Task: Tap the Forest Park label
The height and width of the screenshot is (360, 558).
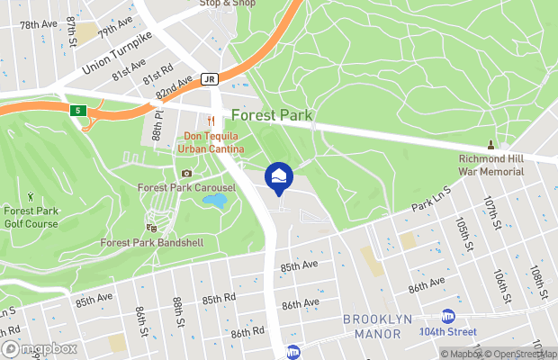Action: coord(271,115)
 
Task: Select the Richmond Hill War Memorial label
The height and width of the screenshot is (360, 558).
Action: coord(491,164)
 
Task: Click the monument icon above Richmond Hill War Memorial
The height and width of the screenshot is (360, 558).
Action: coord(491,145)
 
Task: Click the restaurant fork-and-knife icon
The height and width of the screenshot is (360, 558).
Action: coord(211,121)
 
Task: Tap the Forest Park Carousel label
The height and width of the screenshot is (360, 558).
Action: coord(186,188)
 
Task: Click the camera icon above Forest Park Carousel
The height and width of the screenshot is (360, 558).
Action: coord(186,173)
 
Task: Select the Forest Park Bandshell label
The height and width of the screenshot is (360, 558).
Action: coord(149,243)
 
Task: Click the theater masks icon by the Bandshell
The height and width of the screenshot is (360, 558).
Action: coord(149,228)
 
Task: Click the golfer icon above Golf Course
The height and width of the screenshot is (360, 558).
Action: coord(31,195)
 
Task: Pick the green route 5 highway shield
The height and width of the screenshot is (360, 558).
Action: coord(78,110)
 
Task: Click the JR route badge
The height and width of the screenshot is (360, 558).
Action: coord(209,78)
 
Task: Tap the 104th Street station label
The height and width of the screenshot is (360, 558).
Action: coord(447,331)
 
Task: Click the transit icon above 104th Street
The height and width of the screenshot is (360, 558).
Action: coord(447,315)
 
